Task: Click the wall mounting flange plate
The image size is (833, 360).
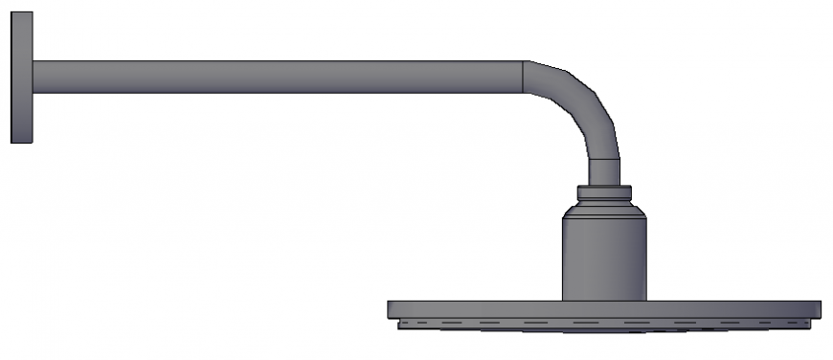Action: pos(22,78)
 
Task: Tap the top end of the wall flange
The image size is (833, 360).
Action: pos(22,14)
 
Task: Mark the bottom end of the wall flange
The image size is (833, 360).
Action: pos(22,142)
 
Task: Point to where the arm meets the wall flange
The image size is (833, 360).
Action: pos(34,78)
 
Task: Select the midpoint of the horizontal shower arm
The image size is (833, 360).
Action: pos(278,78)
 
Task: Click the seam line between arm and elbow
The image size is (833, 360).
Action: pos(524,78)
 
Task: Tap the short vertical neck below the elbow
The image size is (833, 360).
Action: pos(604,170)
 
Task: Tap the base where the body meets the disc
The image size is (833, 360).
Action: pos(604,299)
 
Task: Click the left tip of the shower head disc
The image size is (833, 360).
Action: pos(390,309)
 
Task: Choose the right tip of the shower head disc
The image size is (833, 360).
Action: pos(820,309)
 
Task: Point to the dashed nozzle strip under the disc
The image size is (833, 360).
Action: pos(604,324)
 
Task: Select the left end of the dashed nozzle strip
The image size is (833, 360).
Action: pos(400,324)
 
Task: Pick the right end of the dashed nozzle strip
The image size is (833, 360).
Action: pos(809,324)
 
